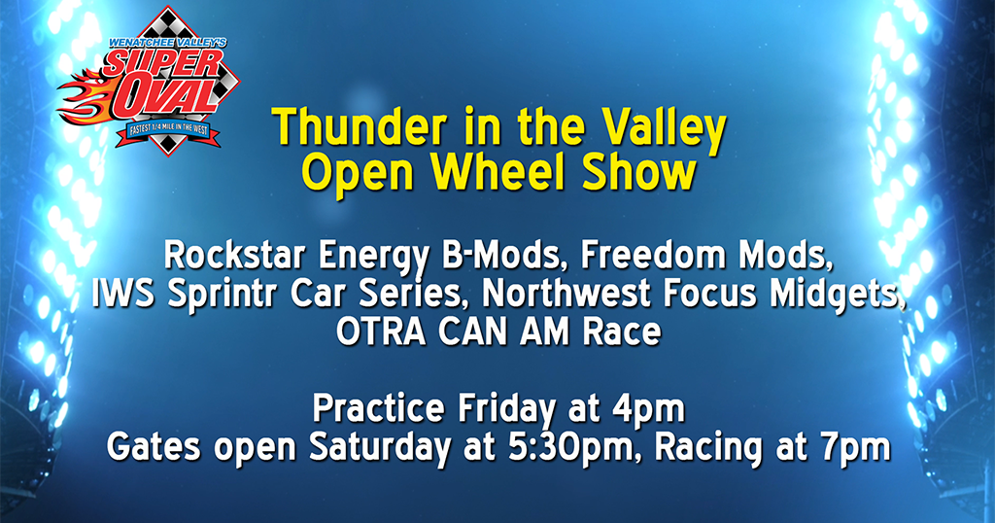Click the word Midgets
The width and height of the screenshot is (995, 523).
tap(838, 294)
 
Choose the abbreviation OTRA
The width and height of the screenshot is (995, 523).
tap(381, 331)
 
